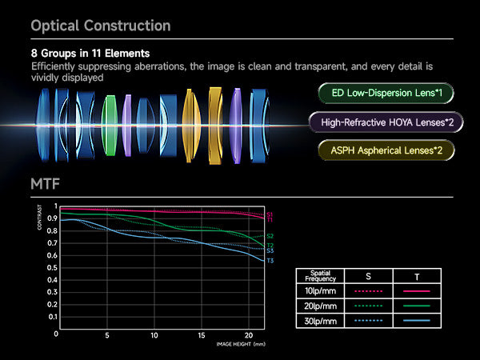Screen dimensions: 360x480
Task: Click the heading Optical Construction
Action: click(101, 26)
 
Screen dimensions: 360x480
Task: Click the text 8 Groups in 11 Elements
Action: click(90, 54)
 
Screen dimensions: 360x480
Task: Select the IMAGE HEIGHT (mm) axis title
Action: click(239, 345)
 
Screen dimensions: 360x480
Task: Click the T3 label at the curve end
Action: click(270, 261)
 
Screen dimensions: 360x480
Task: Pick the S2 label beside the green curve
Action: click(270, 236)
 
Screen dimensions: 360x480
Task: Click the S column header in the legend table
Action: click(367, 276)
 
